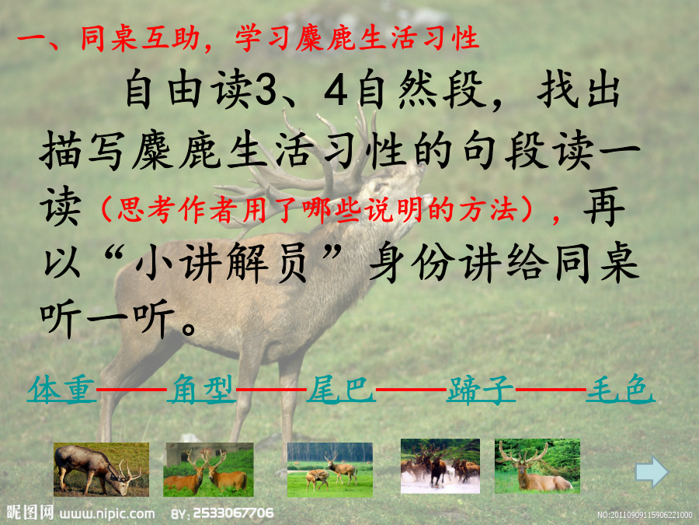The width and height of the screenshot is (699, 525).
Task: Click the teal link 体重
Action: click(61, 390)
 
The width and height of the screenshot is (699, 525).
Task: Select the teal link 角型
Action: click(201, 390)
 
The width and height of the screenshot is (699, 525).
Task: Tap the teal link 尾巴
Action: click(341, 390)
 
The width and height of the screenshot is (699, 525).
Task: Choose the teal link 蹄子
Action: click(481, 390)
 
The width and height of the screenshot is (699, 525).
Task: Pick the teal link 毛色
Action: click(620, 390)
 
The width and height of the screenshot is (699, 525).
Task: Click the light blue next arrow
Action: click(652, 471)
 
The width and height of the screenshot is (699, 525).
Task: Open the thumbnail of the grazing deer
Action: click(101, 469)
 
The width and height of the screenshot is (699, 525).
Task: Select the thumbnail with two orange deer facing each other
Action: click(208, 469)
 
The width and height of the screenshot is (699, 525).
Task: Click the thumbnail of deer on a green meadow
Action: click(330, 470)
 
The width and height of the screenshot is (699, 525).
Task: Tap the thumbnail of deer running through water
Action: click(440, 466)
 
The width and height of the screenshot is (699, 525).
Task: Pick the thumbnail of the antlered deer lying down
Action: click(537, 466)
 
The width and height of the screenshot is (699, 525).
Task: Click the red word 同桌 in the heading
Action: click(109, 37)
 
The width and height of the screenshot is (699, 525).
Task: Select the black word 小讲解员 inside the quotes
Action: click(221, 263)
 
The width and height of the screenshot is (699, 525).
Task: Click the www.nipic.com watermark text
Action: click(107, 513)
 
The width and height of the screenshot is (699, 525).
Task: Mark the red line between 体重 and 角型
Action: click(131, 390)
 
